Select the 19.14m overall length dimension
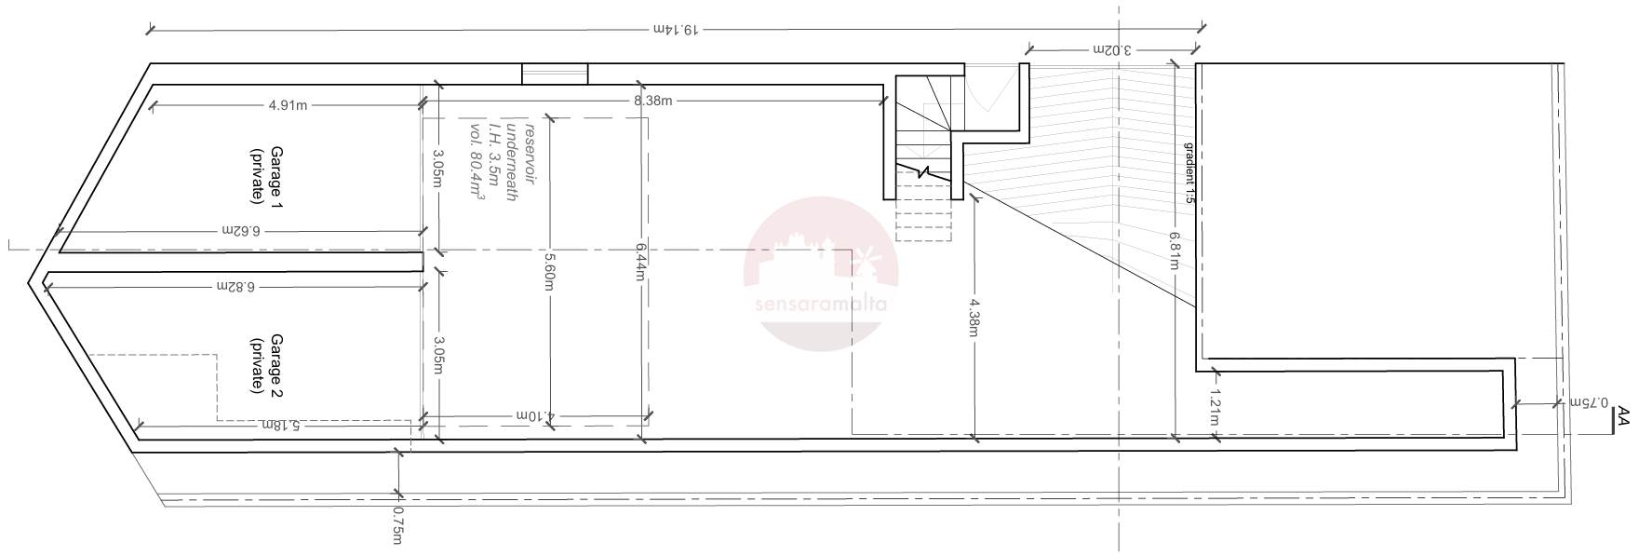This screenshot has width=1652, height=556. (x=676, y=30)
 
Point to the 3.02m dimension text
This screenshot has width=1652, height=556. (x=1112, y=49)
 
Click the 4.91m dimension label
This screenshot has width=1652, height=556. (x=288, y=105)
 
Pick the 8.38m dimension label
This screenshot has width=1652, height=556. (x=652, y=100)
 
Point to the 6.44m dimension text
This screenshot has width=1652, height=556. (x=641, y=264)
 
